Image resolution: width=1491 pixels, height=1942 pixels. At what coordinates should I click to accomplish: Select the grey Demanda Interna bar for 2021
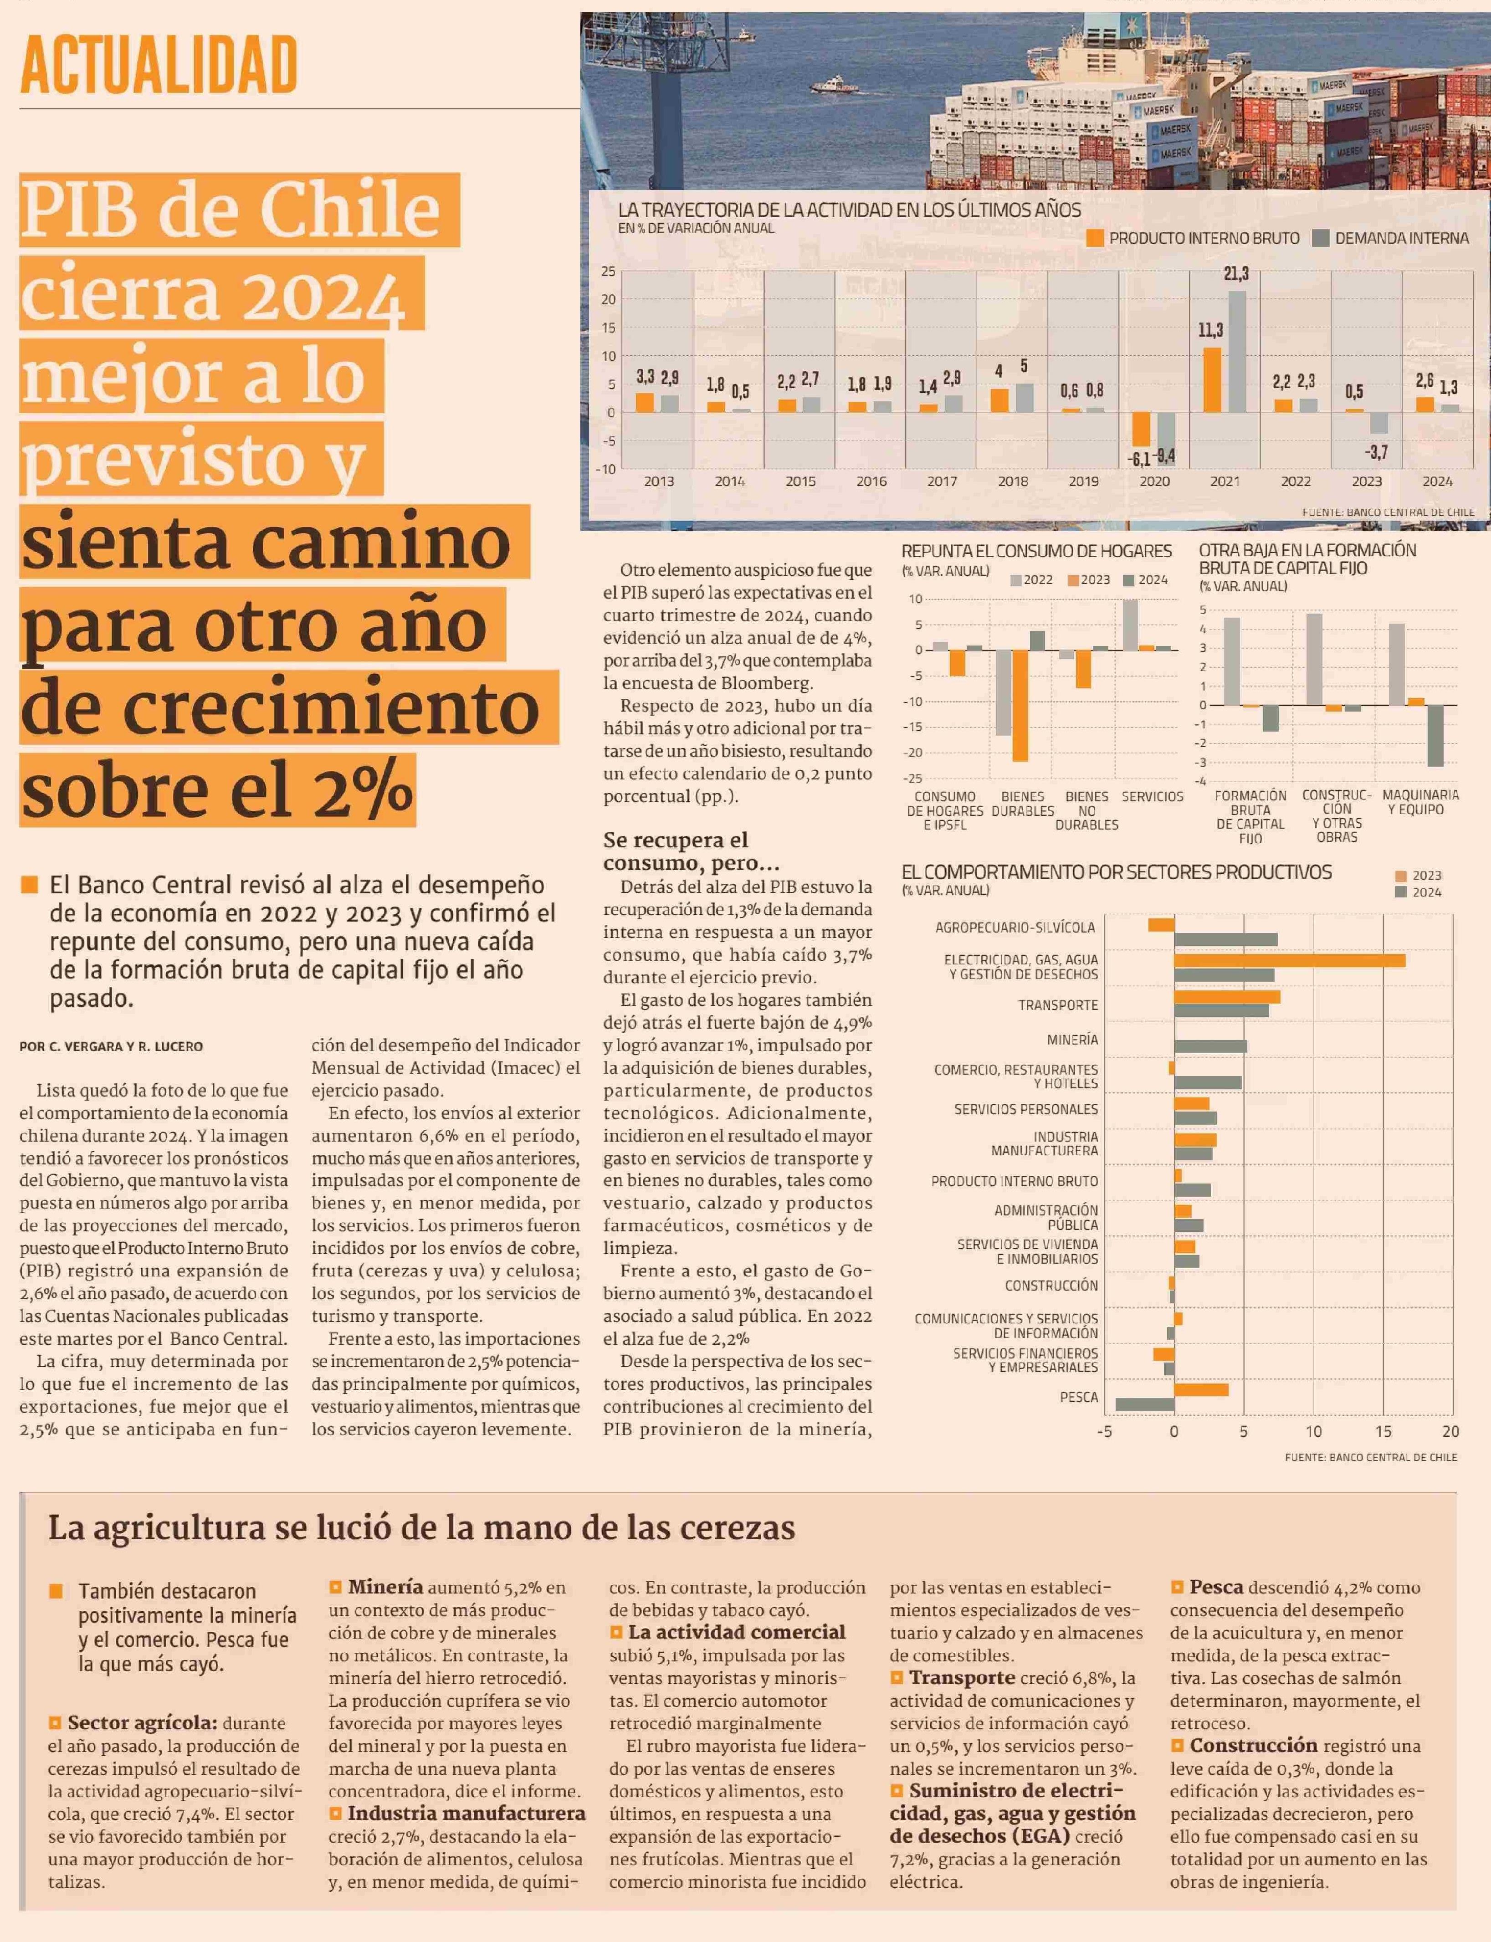[x=1237, y=352]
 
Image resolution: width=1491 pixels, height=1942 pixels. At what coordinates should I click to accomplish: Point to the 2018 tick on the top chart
[x=1013, y=481]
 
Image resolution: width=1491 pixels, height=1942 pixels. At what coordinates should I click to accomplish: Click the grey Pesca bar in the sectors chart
[x=1145, y=1404]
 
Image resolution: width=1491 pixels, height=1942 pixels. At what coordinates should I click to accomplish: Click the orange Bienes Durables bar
[x=1020, y=706]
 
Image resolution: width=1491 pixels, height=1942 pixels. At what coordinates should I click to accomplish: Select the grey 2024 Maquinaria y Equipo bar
[x=1435, y=736]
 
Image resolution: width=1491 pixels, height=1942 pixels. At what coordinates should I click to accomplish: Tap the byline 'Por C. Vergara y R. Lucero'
[x=111, y=1046]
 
